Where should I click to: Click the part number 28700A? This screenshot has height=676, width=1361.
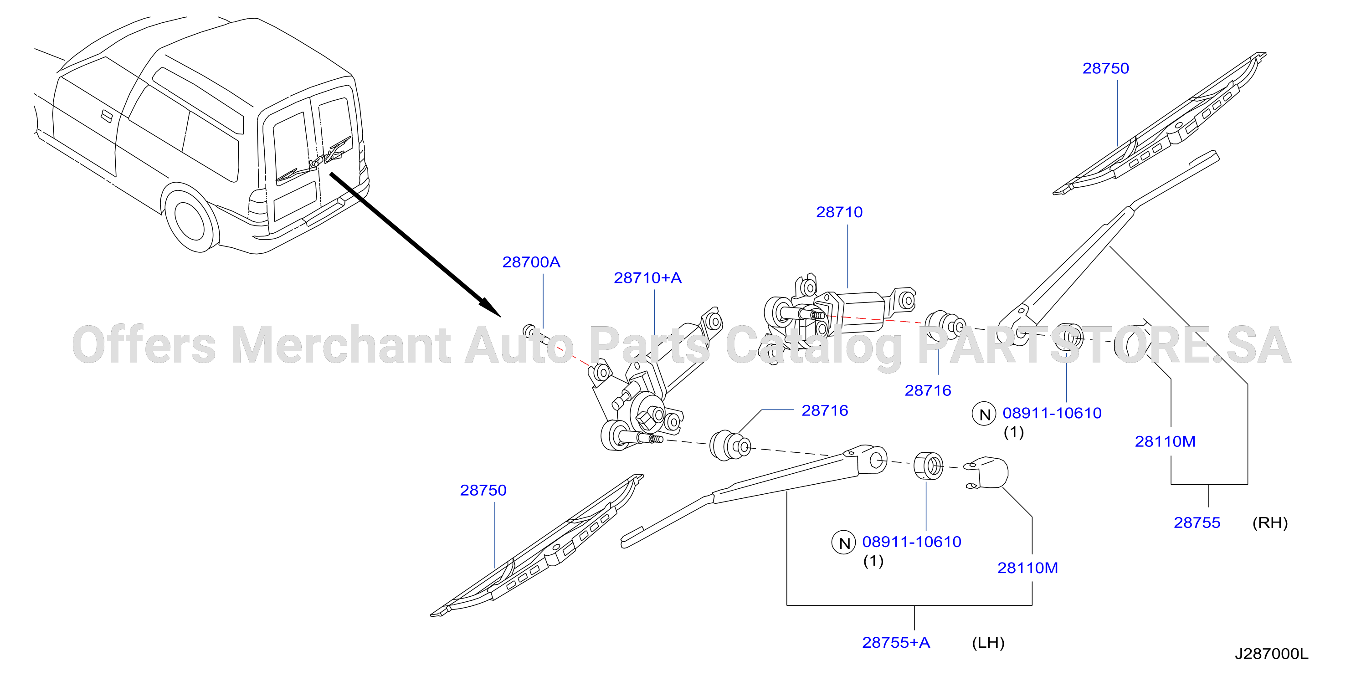pyautogui.click(x=531, y=262)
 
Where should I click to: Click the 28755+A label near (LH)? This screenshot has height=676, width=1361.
pyautogui.click(x=896, y=642)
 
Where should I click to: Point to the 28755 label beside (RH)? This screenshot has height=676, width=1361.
pyautogui.click(x=1197, y=522)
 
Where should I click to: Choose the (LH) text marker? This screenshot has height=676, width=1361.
pyautogui.click(x=988, y=643)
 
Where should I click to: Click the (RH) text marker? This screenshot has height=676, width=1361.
pyautogui.click(x=1270, y=523)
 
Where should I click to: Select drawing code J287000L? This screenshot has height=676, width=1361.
pyautogui.click(x=1272, y=654)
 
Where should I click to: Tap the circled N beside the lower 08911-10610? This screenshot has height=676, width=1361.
pyautogui.click(x=844, y=543)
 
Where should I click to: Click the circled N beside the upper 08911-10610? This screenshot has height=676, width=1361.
pyautogui.click(x=984, y=414)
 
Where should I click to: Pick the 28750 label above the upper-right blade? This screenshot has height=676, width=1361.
pyautogui.click(x=1105, y=68)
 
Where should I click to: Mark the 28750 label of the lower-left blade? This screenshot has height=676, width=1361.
pyautogui.click(x=483, y=490)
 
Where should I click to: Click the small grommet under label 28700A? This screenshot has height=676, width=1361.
pyautogui.click(x=529, y=331)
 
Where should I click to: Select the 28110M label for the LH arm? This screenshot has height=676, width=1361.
pyautogui.click(x=1027, y=568)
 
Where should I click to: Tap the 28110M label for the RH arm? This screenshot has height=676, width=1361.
pyautogui.click(x=1165, y=441)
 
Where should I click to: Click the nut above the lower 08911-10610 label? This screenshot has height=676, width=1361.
pyautogui.click(x=928, y=466)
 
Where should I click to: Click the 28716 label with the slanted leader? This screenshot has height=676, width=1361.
pyautogui.click(x=825, y=410)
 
